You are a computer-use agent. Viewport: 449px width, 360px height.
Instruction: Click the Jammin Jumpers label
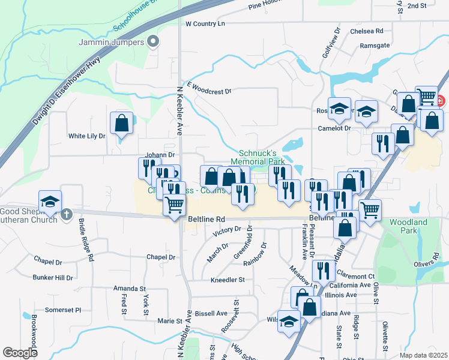112,43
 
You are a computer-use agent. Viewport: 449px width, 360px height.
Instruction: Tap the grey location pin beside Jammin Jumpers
153,42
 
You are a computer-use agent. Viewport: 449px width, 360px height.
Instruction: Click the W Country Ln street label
205,24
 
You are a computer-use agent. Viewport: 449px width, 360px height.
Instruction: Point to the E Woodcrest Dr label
209,88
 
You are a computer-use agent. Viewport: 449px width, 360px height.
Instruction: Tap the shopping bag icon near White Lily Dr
122,123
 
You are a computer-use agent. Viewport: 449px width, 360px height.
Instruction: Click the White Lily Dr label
86,136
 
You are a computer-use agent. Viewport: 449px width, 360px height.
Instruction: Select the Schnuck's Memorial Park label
257,157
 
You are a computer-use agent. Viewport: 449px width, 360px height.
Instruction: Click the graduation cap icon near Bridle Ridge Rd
50,201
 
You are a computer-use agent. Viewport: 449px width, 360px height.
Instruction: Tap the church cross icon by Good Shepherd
67,213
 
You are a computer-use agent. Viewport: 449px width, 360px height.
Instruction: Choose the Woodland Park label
408,226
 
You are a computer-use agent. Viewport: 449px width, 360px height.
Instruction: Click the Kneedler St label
228,280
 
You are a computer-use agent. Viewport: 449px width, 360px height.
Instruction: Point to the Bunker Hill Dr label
53,278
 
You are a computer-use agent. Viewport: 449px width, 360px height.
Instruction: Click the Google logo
20,353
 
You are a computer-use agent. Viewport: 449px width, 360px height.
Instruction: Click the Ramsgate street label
375,46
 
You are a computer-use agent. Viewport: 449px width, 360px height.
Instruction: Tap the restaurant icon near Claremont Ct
324,271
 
